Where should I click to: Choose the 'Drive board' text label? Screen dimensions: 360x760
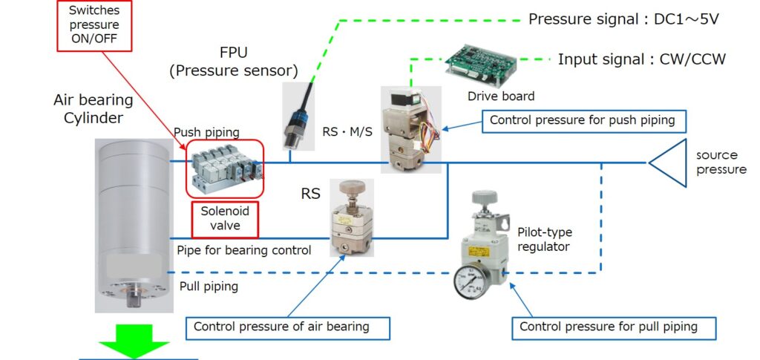(501, 96)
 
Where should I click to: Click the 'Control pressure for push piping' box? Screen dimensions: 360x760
(583, 120)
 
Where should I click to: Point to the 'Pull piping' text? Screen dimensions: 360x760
(209, 286)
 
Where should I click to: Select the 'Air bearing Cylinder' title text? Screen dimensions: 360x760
(93, 109)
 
